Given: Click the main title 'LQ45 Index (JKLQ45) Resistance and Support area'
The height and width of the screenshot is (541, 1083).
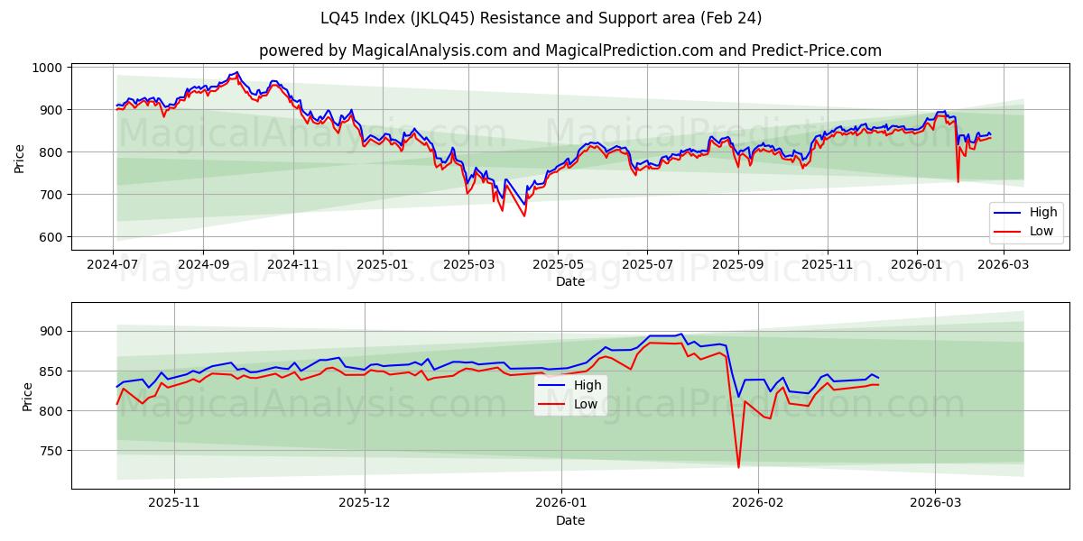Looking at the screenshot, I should pyautogui.click(x=541, y=18).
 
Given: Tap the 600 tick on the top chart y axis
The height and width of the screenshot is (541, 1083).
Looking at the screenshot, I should pyautogui.click(x=50, y=237).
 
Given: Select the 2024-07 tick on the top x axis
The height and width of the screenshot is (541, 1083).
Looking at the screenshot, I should pyautogui.click(x=113, y=264).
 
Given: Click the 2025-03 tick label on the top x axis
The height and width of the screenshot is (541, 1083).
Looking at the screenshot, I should pyautogui.click(x=469, y=264).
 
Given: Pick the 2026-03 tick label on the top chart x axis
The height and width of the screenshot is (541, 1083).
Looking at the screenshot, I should pyautogui.click(x=1004, y=264).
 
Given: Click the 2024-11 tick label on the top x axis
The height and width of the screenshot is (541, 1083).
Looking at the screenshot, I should pyautogui.click(x=292, y=264).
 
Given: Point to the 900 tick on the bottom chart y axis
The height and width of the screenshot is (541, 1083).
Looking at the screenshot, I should pyautogui.click(x=50, y=331).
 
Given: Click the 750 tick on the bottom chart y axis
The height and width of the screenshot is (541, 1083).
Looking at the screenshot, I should pyautogui.click(x=50, y=451).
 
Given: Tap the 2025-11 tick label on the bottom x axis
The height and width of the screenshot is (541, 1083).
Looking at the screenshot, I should pyautogui.click(x=173, y=503).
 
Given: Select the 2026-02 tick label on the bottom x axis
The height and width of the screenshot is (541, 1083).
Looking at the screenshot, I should pyautogui.click(x=758, y=503).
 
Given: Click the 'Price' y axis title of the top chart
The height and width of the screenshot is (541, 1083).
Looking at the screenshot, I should pyautogui.click(x=20, y=157).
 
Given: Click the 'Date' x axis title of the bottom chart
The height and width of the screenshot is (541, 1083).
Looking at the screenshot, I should pyautogui.click(x=569, y=520).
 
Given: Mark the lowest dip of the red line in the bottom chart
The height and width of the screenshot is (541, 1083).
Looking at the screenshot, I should pyautogui.click(x=738, y=467).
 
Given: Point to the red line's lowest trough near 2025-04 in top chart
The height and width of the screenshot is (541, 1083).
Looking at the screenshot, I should pyautogui.click(x=524, y=215).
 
